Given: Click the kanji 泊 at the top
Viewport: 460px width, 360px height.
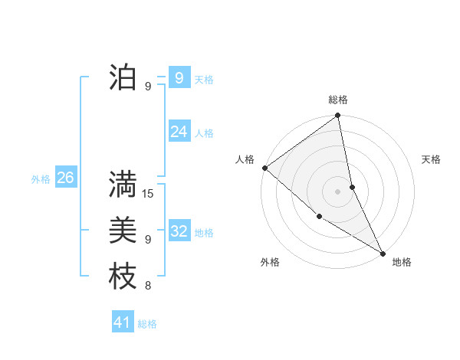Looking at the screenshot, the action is coord(123,77).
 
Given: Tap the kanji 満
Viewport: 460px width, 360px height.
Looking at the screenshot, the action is coord(123,185).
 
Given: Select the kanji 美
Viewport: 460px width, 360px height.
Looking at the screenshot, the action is coord(123,230).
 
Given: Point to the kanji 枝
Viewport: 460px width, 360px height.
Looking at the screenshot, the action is coord(123,276).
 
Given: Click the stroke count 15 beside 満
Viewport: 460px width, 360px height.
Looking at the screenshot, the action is coord(149,194).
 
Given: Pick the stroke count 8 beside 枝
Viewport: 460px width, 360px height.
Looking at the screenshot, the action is coord(148,286).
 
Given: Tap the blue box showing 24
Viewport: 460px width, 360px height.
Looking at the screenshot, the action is coord(179,132).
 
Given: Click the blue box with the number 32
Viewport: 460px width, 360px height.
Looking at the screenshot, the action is coord(179,231).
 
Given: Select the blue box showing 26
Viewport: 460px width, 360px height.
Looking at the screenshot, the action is coord(65,178).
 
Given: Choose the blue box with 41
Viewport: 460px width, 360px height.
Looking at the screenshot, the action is coord(123,322).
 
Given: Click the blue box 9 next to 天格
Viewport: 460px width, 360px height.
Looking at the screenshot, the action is coord(179,78).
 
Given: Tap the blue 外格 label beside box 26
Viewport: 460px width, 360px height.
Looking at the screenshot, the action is coord(41,179).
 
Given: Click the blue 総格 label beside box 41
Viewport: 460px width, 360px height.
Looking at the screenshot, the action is coord(147,324).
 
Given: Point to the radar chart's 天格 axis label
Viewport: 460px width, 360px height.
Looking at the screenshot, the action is coord(432,159).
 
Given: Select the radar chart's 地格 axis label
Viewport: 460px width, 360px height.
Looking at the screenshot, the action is coord(402,262).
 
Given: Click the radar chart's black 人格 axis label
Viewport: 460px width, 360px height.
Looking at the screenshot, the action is coord(245,159).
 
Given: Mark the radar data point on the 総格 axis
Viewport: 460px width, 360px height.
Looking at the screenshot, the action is coord(337,116).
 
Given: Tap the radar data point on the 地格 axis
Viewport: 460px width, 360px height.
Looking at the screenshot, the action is coord(383,252).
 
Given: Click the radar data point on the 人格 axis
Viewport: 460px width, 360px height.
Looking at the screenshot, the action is coord(264,168).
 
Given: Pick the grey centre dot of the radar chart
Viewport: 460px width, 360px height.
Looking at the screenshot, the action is coord(337,191).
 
